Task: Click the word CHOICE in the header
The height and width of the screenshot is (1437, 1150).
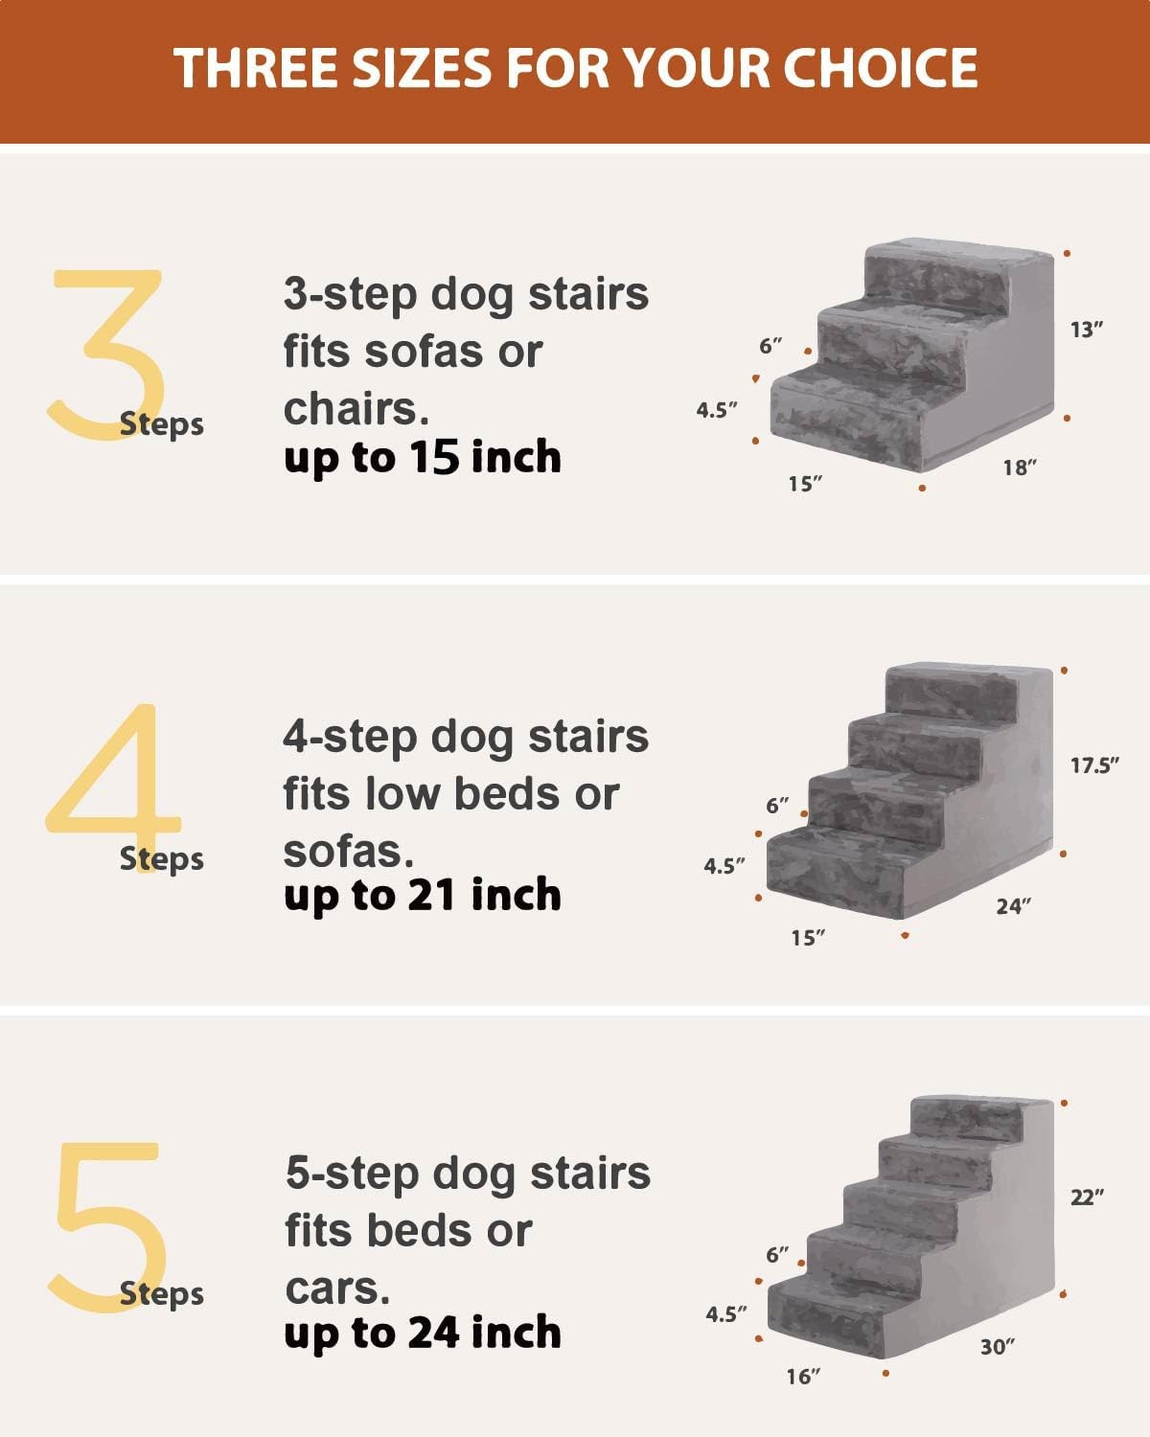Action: click(881, 69)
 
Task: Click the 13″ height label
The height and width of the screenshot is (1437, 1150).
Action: click(1087, 330)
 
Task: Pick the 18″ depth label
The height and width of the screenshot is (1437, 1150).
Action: click(1021, 468)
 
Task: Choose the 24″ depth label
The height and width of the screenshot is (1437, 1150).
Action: click(1013, 905)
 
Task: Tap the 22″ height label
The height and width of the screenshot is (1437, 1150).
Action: click(1087, 1197)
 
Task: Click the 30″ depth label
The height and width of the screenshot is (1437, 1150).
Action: click(997, 1347)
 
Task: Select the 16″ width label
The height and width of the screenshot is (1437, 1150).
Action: click(804, 1377)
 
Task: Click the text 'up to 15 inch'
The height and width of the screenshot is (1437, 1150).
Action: click(423, 458)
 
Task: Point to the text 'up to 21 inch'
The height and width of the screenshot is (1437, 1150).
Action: click(423, 896)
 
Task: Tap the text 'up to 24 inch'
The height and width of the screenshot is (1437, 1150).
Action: click(423, 1333)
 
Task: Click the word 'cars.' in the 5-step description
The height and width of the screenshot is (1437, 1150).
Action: click(337, 1289)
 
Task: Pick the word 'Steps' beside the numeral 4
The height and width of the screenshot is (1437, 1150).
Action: click(162, 858)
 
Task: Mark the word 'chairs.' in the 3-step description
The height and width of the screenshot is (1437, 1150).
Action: click(356, 409)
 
